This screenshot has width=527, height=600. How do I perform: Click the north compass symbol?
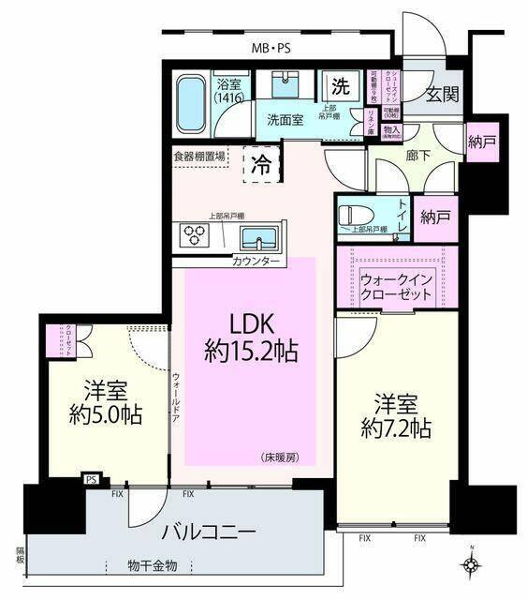point(473,564)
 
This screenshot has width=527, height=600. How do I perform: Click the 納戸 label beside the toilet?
point(435,217)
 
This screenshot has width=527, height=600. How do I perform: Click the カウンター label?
point(256,262)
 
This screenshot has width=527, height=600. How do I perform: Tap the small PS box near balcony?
point(92,479)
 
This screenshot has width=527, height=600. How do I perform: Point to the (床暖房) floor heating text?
point(280,457)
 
